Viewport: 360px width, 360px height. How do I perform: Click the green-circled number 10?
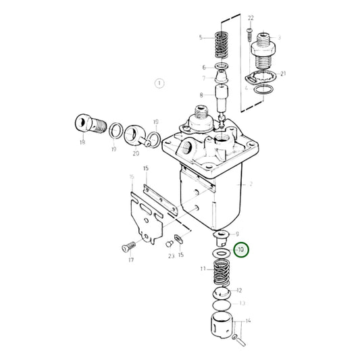(x=240, y=250)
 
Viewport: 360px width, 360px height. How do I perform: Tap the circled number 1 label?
(x=159, y=83)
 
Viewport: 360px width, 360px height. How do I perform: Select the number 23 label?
(x=172, y=257)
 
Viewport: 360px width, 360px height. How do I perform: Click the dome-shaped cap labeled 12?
(x=221, y=294)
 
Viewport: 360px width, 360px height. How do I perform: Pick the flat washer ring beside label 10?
(x=220, y=252)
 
